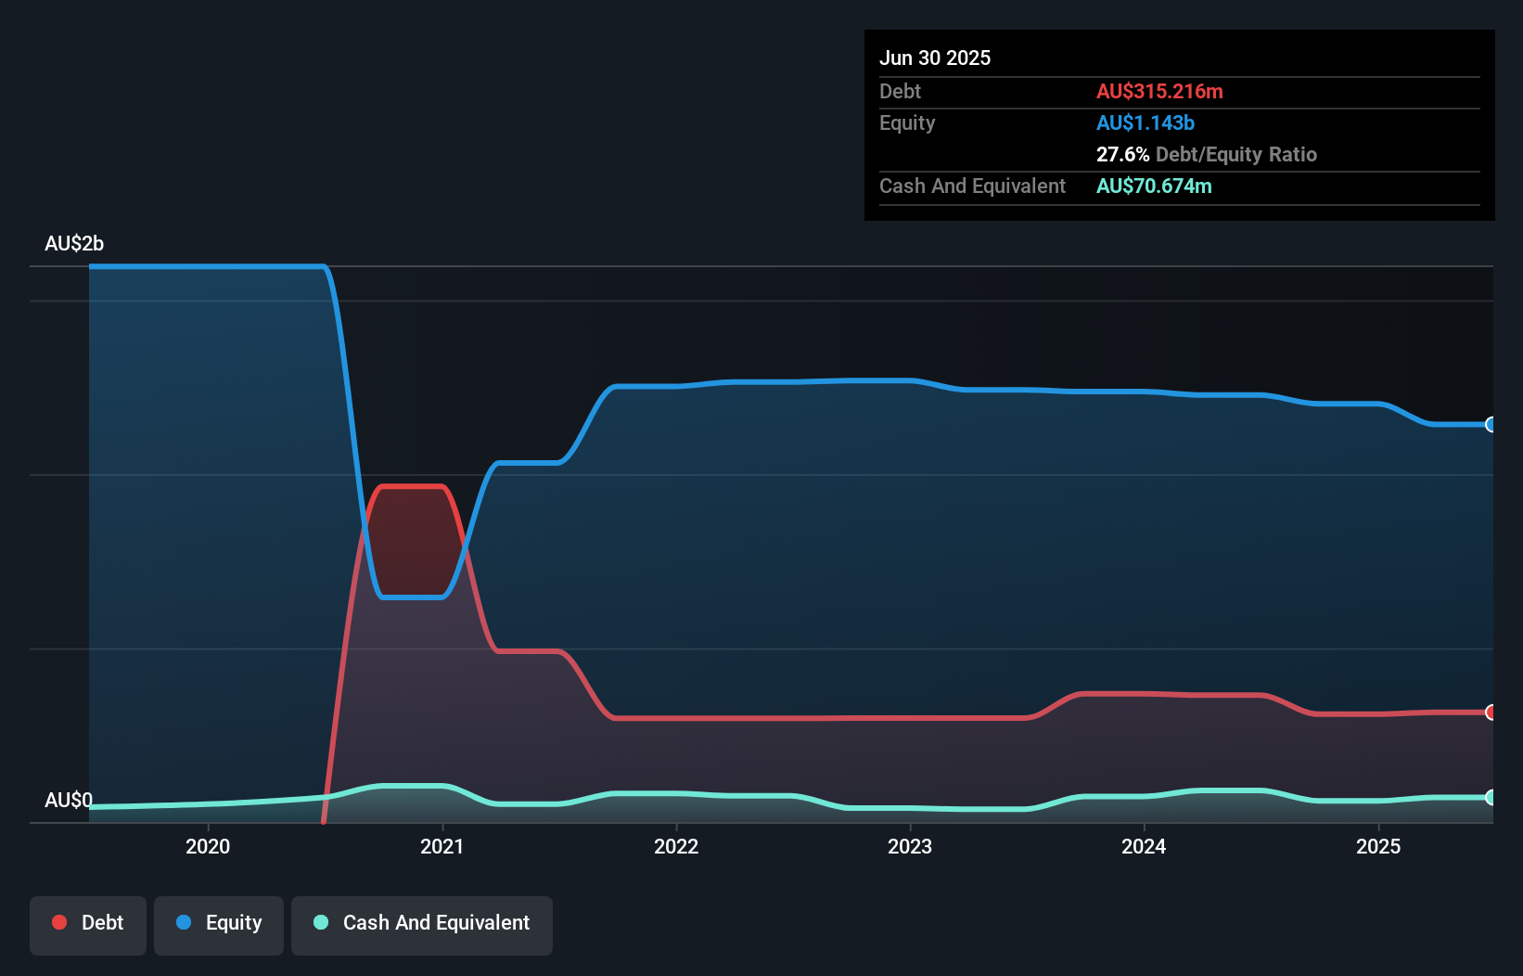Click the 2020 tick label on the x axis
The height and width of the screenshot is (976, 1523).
(x=208, y=846)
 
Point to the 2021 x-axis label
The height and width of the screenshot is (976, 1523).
(x=442, y=846)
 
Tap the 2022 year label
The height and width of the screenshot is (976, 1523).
(x=676, y=846)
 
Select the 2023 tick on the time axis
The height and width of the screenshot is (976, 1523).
(x=910, y=846)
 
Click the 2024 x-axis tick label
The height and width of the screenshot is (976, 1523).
(x=1144, y=846)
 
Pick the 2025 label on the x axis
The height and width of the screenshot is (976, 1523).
(x=1378, y=846)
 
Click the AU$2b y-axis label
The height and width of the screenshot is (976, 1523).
(x=74, y=243)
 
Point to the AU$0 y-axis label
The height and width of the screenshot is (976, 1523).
(x=69, y=800)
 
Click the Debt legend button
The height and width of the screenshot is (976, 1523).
(x=88, y=923)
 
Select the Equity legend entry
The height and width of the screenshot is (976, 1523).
(x=219, y=923)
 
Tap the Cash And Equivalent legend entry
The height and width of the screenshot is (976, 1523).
(x=422, y=923)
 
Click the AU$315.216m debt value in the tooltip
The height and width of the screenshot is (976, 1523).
(x=1159, y=91)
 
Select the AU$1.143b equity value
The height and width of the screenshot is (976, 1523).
(x=1145, y=122)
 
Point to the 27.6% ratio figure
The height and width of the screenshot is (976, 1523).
(x=1122, y=154)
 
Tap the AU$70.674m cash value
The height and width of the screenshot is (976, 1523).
(x=1154, y=186)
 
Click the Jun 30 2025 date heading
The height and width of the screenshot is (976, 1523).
(x=935, y=58)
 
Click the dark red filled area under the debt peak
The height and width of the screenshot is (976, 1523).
(x=413, y=543)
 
